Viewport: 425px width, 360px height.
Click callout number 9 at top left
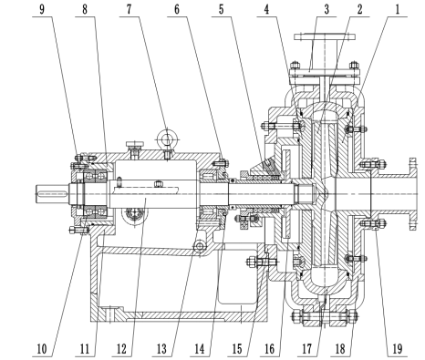point(42,9)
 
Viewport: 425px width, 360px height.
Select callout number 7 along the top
point(130,9)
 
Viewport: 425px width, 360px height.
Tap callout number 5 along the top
point(222,9)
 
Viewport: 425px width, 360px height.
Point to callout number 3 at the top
point(327,9)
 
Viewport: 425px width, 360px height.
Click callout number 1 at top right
point(397,9)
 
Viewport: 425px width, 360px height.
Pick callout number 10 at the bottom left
point(42,349)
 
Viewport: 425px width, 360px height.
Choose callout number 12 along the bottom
point(121,349)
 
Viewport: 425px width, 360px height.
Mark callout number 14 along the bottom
point(200,349)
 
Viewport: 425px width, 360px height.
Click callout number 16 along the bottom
point(269,349)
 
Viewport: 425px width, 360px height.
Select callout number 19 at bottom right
point(398,349)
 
